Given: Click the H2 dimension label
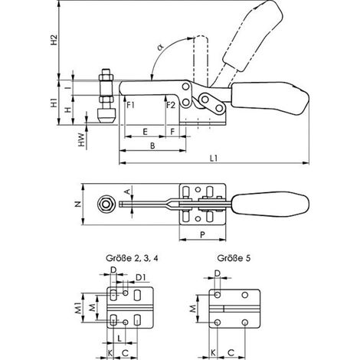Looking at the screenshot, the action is [54, 39].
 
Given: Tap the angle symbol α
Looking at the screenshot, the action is [160, 47].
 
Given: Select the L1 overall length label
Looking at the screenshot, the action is [214, 159].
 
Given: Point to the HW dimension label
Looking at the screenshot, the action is [81, 139].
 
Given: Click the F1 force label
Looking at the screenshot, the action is [130, 105].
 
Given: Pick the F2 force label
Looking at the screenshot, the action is [171, 105].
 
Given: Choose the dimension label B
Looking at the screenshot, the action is [152, 146].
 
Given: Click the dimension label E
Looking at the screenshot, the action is [145, 132].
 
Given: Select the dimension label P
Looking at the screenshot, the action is [202, 234].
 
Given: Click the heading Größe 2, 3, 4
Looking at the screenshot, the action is [132, 258].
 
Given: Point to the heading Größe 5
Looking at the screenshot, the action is [234, 258].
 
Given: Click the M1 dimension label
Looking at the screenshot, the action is [78, 308].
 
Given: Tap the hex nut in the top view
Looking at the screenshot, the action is [106, 204].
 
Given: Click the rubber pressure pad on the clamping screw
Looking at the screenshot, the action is [106, 116].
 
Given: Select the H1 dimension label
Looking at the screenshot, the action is [54, 104].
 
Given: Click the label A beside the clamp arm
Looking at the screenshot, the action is [129, 191].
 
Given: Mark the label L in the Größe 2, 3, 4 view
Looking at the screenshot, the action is [119, 339].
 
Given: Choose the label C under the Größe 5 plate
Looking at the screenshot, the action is [231, 353].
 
